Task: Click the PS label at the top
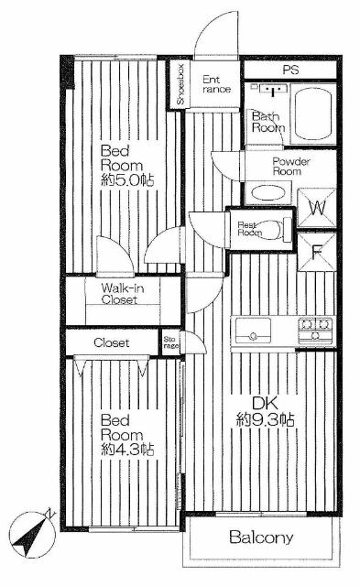(290, 70)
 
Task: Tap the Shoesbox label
(180, 84)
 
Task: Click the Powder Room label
(292, 165)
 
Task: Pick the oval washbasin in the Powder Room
(267, 193)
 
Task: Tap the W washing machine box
(316, 207)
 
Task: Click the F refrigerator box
(316, 250)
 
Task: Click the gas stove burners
(315, 328)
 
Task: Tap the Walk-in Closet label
(113, 293)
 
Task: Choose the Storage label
(171, 341)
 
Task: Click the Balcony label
(261, 537)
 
